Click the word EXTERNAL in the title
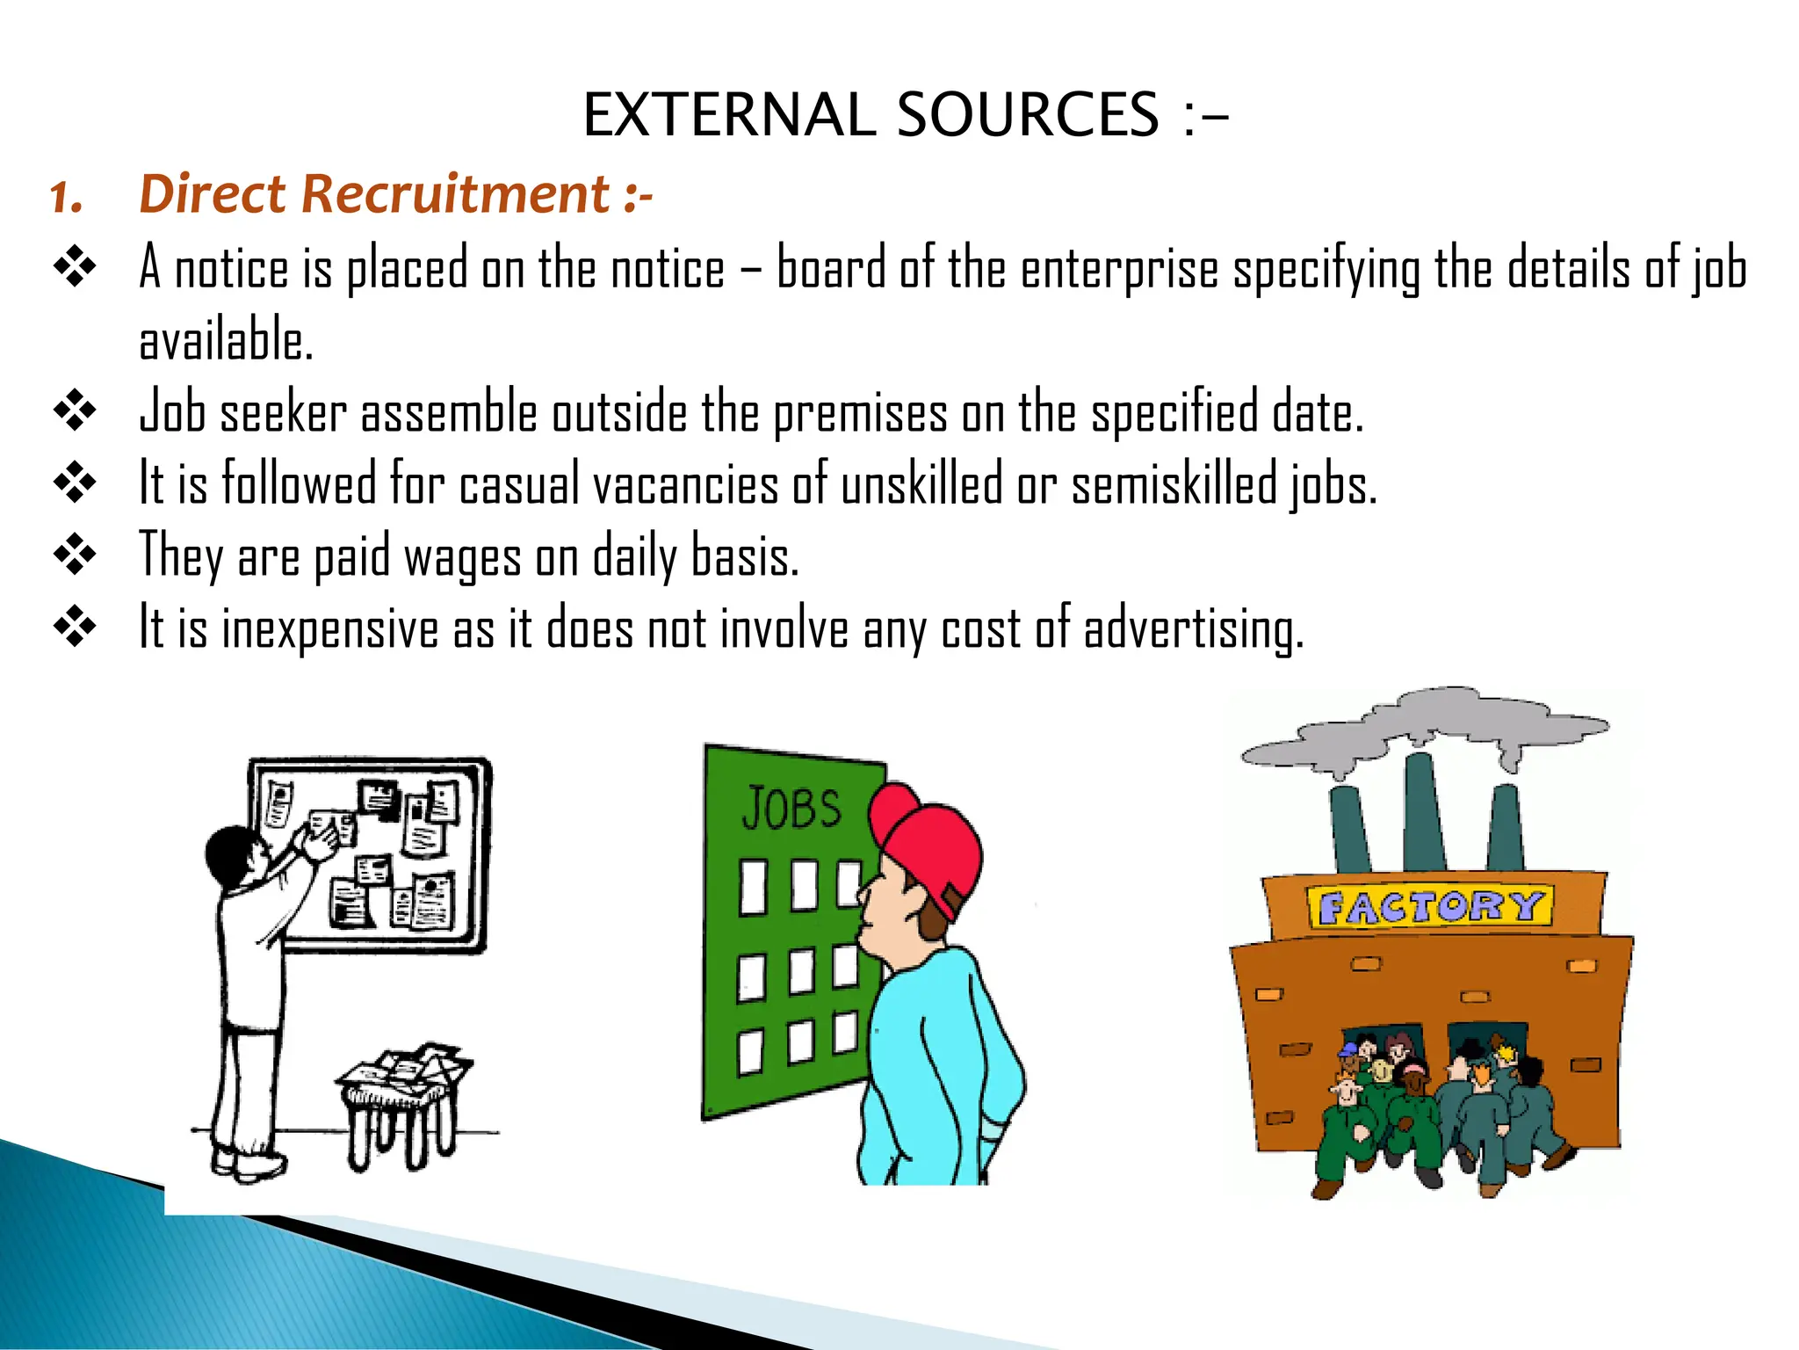click(728, 115)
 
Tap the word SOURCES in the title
click(1027, 115)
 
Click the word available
click(226, 341)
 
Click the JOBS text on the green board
click(791, 809)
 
